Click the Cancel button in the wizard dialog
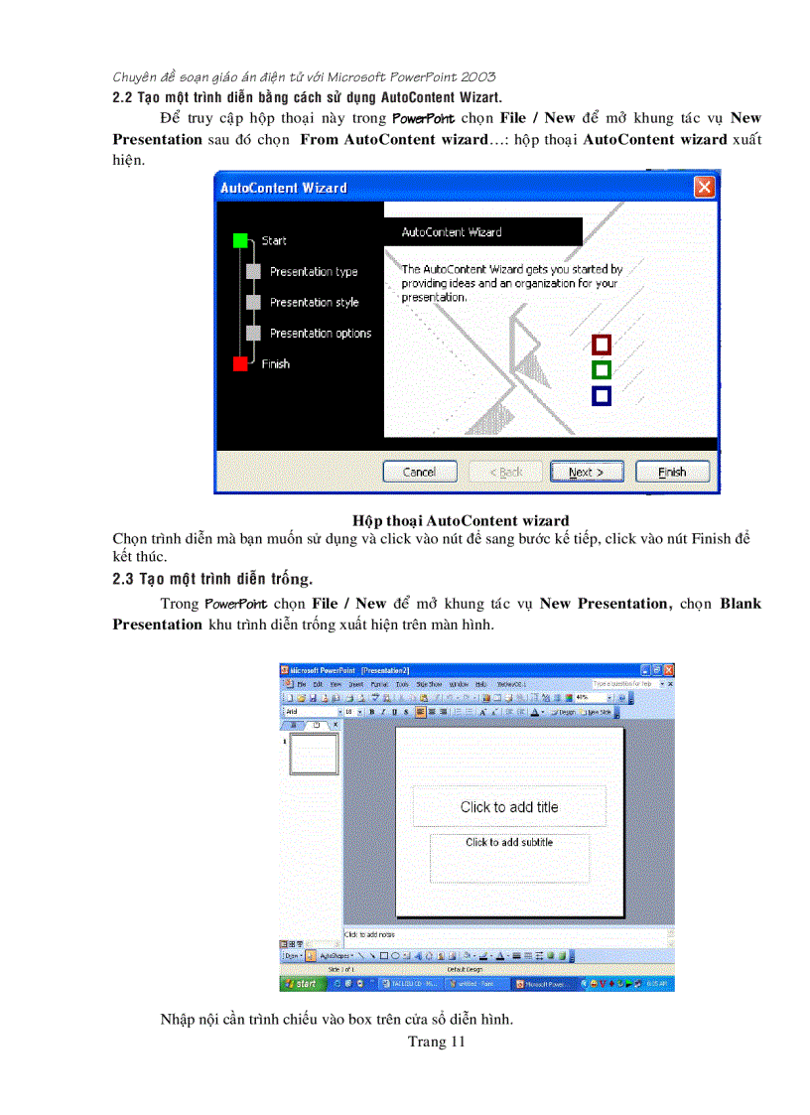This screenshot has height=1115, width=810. click(x=419, y=472)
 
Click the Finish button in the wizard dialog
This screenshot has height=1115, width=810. click(x=672, y=472)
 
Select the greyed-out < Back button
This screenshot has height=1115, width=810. click(x=504, y=472)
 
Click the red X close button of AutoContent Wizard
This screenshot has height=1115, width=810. click(x=704, y=187)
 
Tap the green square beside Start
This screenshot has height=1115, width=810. click(x=240, y=240)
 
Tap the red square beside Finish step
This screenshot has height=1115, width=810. click(x=240, y=364)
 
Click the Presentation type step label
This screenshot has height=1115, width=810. click(x=314, y=272)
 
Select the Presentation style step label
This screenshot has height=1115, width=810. click(x=314, y=303)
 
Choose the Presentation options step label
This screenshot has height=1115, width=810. click(x=320, y=334)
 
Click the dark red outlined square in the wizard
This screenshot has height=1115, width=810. click(x=601, y=345)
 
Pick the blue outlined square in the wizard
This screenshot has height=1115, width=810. click(x=601, y=396)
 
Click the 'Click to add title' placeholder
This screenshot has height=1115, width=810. click(x=509, y=807)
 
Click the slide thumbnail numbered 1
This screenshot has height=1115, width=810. click(x=312, y=755)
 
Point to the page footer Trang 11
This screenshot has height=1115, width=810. click(x=436, y=1042)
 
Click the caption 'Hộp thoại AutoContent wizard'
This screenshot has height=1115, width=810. click(x=461, y=520)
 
